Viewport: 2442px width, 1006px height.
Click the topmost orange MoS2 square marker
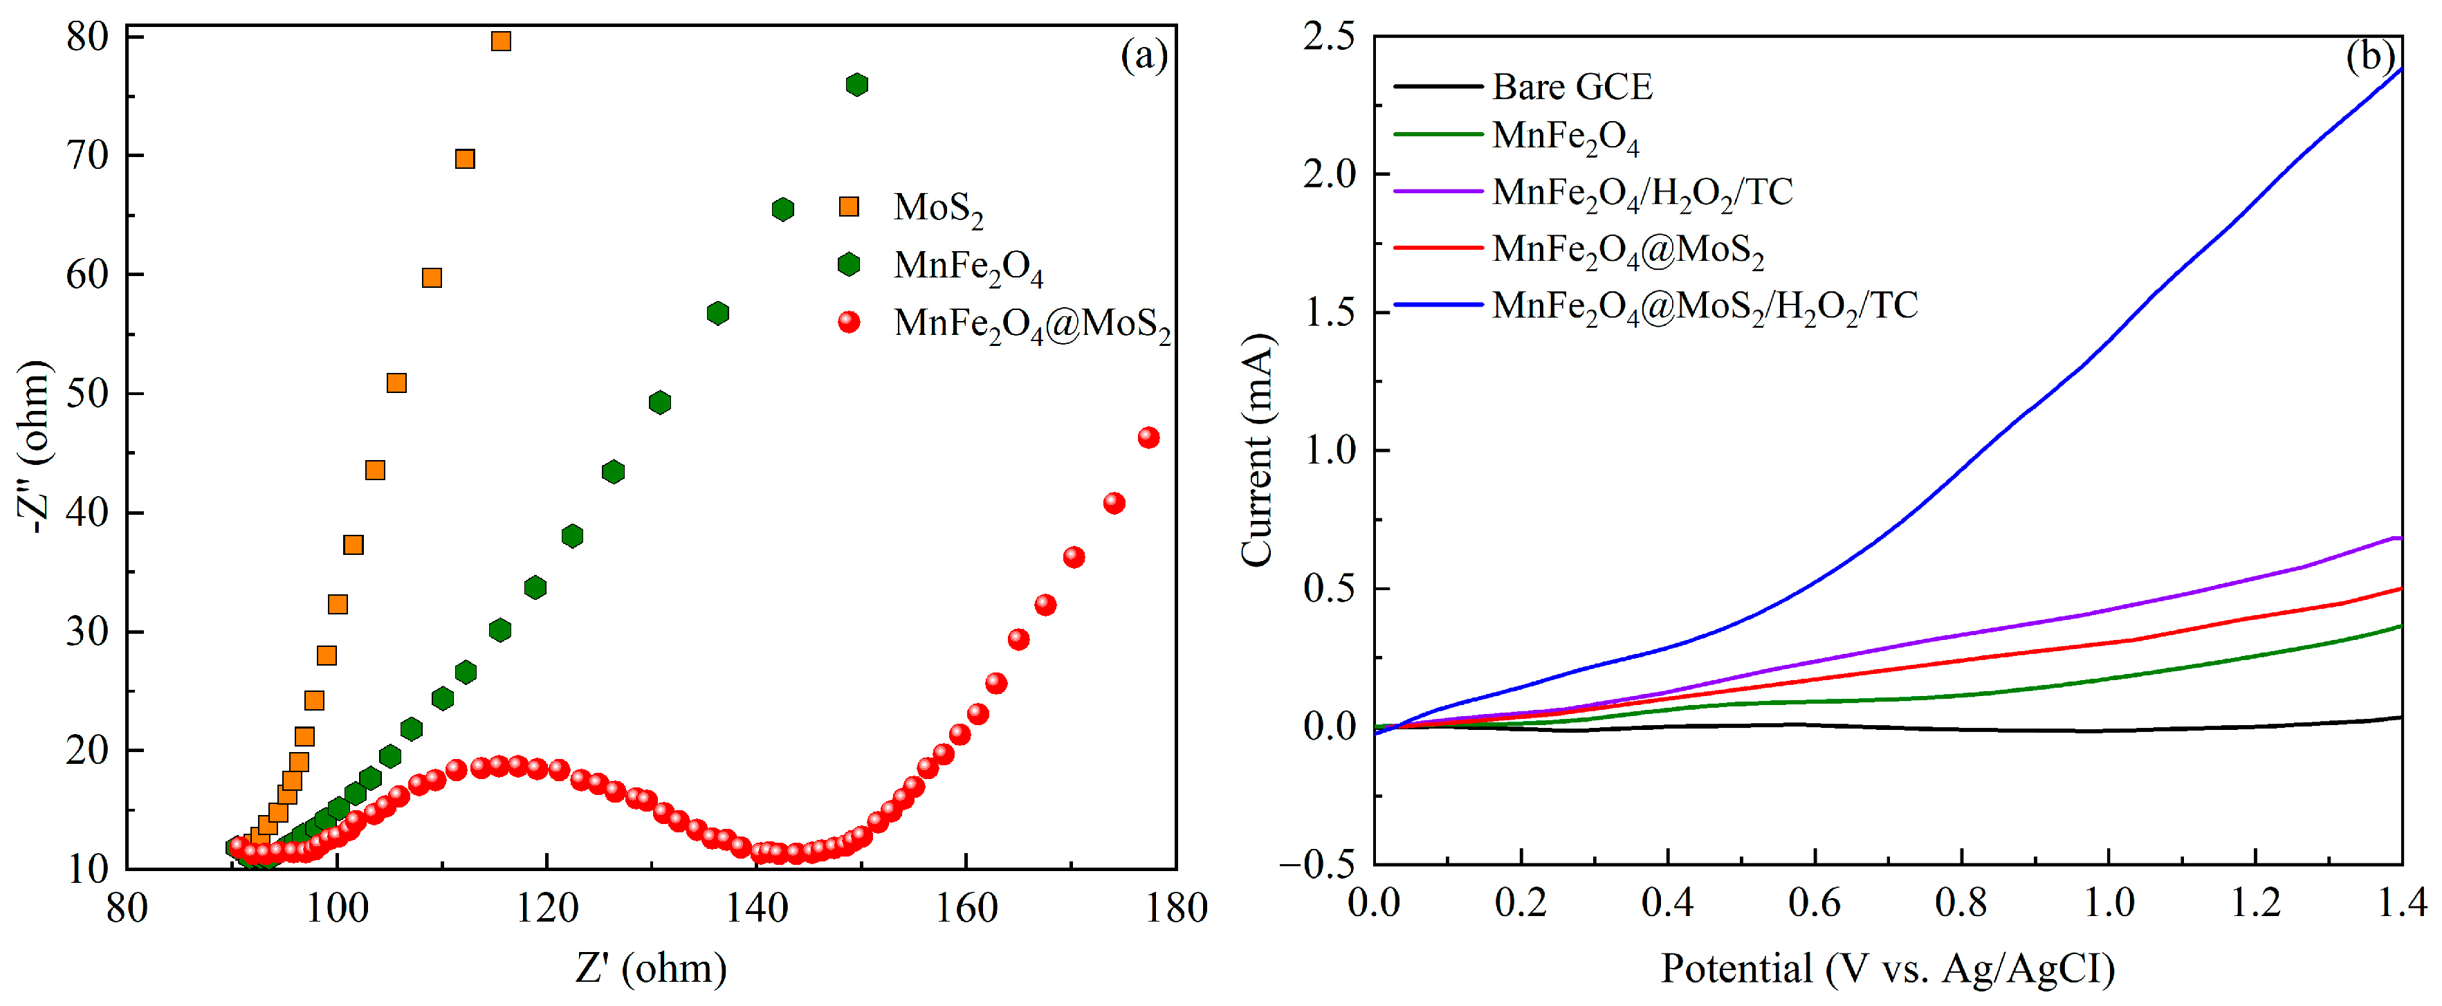click(x=502, y=41)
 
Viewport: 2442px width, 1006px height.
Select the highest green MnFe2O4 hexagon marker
click(x=857, y=84)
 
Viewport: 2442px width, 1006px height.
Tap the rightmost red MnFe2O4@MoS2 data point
click(x=1148, y=437)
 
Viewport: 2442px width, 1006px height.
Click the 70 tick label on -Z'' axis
click(x=87, y=156)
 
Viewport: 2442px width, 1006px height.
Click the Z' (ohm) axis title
click(x=651, y=968)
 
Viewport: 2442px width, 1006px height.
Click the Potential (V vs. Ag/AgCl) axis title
click(x=1887, y=968)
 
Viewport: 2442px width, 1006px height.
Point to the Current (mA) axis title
click(x=1257, y=450)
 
